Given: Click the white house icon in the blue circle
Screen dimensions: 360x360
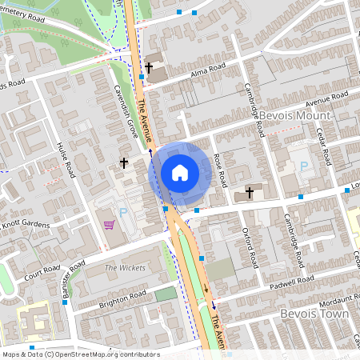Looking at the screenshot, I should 180,173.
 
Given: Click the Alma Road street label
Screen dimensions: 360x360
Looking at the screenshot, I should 205,73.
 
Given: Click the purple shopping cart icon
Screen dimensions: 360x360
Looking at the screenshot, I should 110,224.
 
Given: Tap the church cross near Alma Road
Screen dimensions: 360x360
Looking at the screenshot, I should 149,68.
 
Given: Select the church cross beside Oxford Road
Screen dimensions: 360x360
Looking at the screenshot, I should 250,192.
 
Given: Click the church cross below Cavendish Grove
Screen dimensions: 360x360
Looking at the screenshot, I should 124,163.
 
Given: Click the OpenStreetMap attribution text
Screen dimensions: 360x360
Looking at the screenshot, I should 80,354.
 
